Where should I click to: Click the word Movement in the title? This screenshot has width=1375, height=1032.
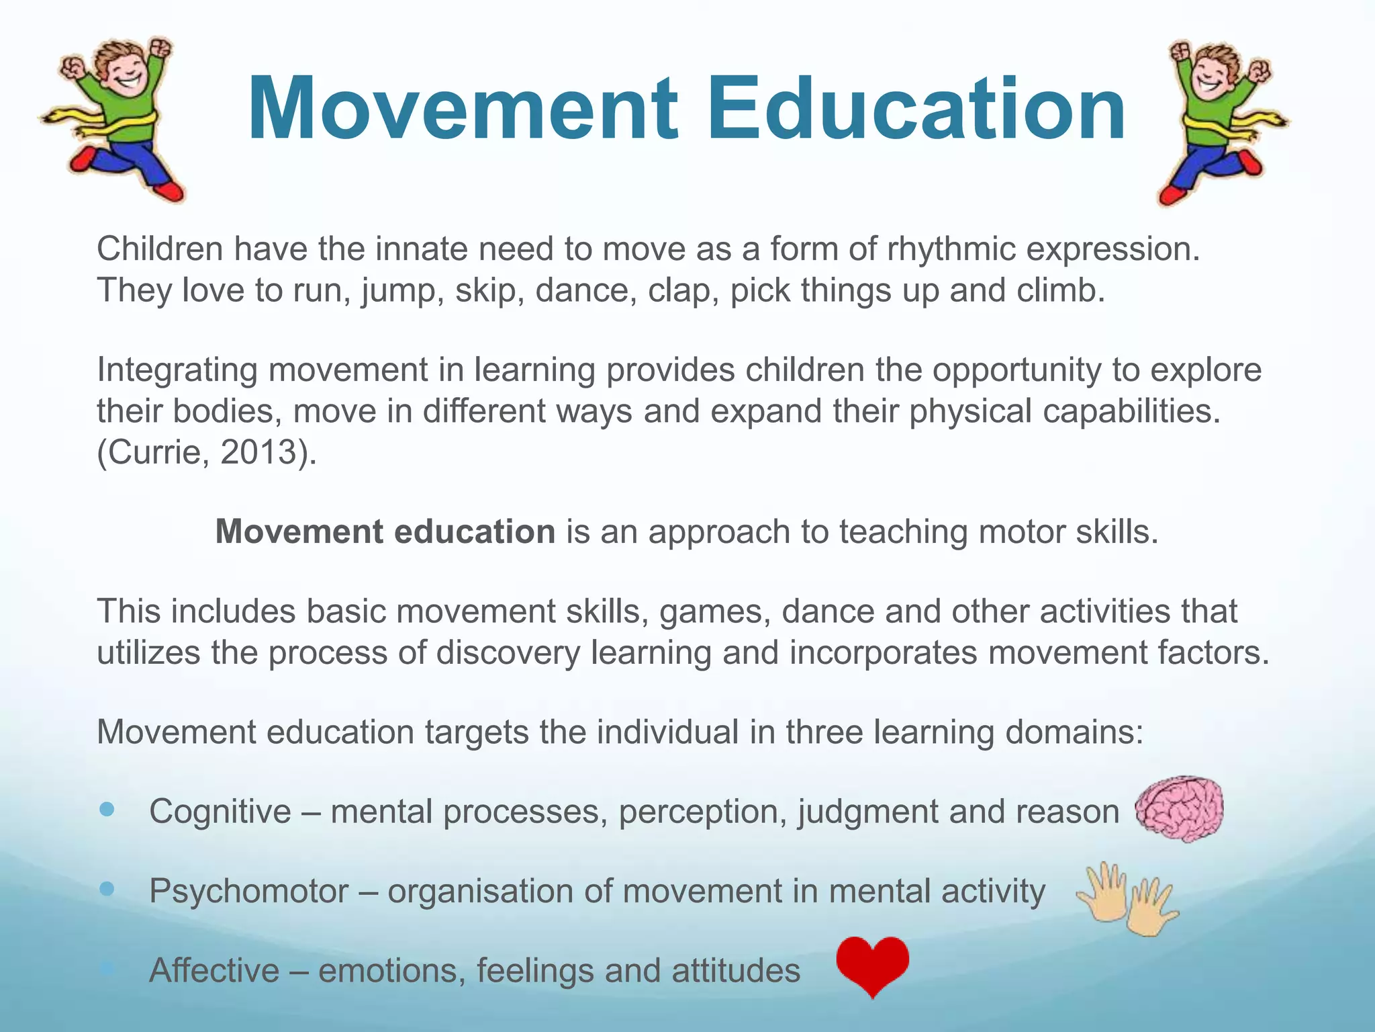[463, 109]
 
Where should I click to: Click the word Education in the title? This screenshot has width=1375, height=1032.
[916, 109]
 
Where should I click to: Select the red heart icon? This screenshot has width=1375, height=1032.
[873, 965]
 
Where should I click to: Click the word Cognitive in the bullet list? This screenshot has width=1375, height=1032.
[220, 812]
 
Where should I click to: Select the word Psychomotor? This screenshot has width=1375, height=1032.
[249, 892]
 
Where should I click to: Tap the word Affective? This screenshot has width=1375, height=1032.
[214, 971]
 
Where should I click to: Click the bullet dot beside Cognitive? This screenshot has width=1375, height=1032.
[107, 809]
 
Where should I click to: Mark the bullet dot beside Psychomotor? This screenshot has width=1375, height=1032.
[107, 889]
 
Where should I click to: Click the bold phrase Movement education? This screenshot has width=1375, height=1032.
[385, 532]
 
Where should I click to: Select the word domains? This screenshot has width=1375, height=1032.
[1074, 732]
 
